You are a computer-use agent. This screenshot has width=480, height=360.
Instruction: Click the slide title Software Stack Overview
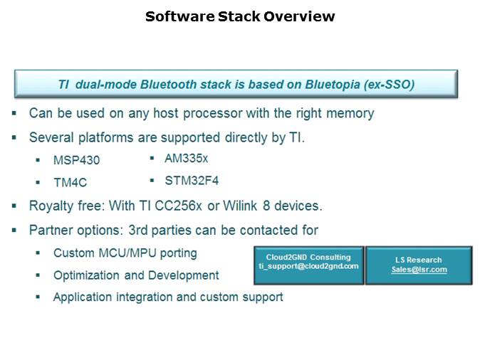[240, 16]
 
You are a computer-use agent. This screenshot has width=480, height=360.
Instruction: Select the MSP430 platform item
[76, 160]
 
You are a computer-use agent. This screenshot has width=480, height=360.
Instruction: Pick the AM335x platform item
[186, 159]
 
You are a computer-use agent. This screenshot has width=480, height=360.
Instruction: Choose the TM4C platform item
[71, 183]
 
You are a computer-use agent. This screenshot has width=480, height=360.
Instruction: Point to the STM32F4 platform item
[192, 181]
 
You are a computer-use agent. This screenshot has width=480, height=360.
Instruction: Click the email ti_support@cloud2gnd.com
[308, 266]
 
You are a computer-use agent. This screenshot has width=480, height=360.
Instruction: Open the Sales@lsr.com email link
[419, 270]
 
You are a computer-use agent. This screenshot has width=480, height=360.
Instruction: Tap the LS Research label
[419, 260]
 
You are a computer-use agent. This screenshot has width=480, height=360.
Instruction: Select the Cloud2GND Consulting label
[308, 258]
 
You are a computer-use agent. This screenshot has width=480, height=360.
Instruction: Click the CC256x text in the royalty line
[178, 206]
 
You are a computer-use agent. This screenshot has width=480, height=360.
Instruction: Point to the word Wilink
[240, 206]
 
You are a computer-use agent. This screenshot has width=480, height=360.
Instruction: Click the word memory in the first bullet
[350, 114]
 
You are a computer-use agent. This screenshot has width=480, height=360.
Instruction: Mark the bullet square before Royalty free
[14, 206]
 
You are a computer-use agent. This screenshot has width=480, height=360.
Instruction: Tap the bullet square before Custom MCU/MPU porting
[38, 253]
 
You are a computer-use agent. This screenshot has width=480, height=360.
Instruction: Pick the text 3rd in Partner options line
[138, 230]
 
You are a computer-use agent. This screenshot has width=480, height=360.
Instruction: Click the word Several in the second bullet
[51, 137]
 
